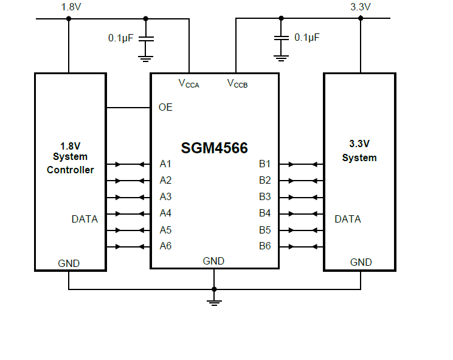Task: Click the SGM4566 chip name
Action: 214,148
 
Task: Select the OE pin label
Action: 165,108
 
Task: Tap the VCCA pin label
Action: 188,83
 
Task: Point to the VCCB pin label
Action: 237,83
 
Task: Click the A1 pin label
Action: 165,164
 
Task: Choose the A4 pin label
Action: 165,213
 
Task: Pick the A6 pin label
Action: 165,246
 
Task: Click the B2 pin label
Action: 265,181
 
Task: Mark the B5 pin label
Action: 265,230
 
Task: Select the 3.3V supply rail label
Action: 361,7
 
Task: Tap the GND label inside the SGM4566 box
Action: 213,261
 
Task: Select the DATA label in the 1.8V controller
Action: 85,219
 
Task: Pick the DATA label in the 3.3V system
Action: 348,219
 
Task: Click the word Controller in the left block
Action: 71,170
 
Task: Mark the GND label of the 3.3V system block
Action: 361,263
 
